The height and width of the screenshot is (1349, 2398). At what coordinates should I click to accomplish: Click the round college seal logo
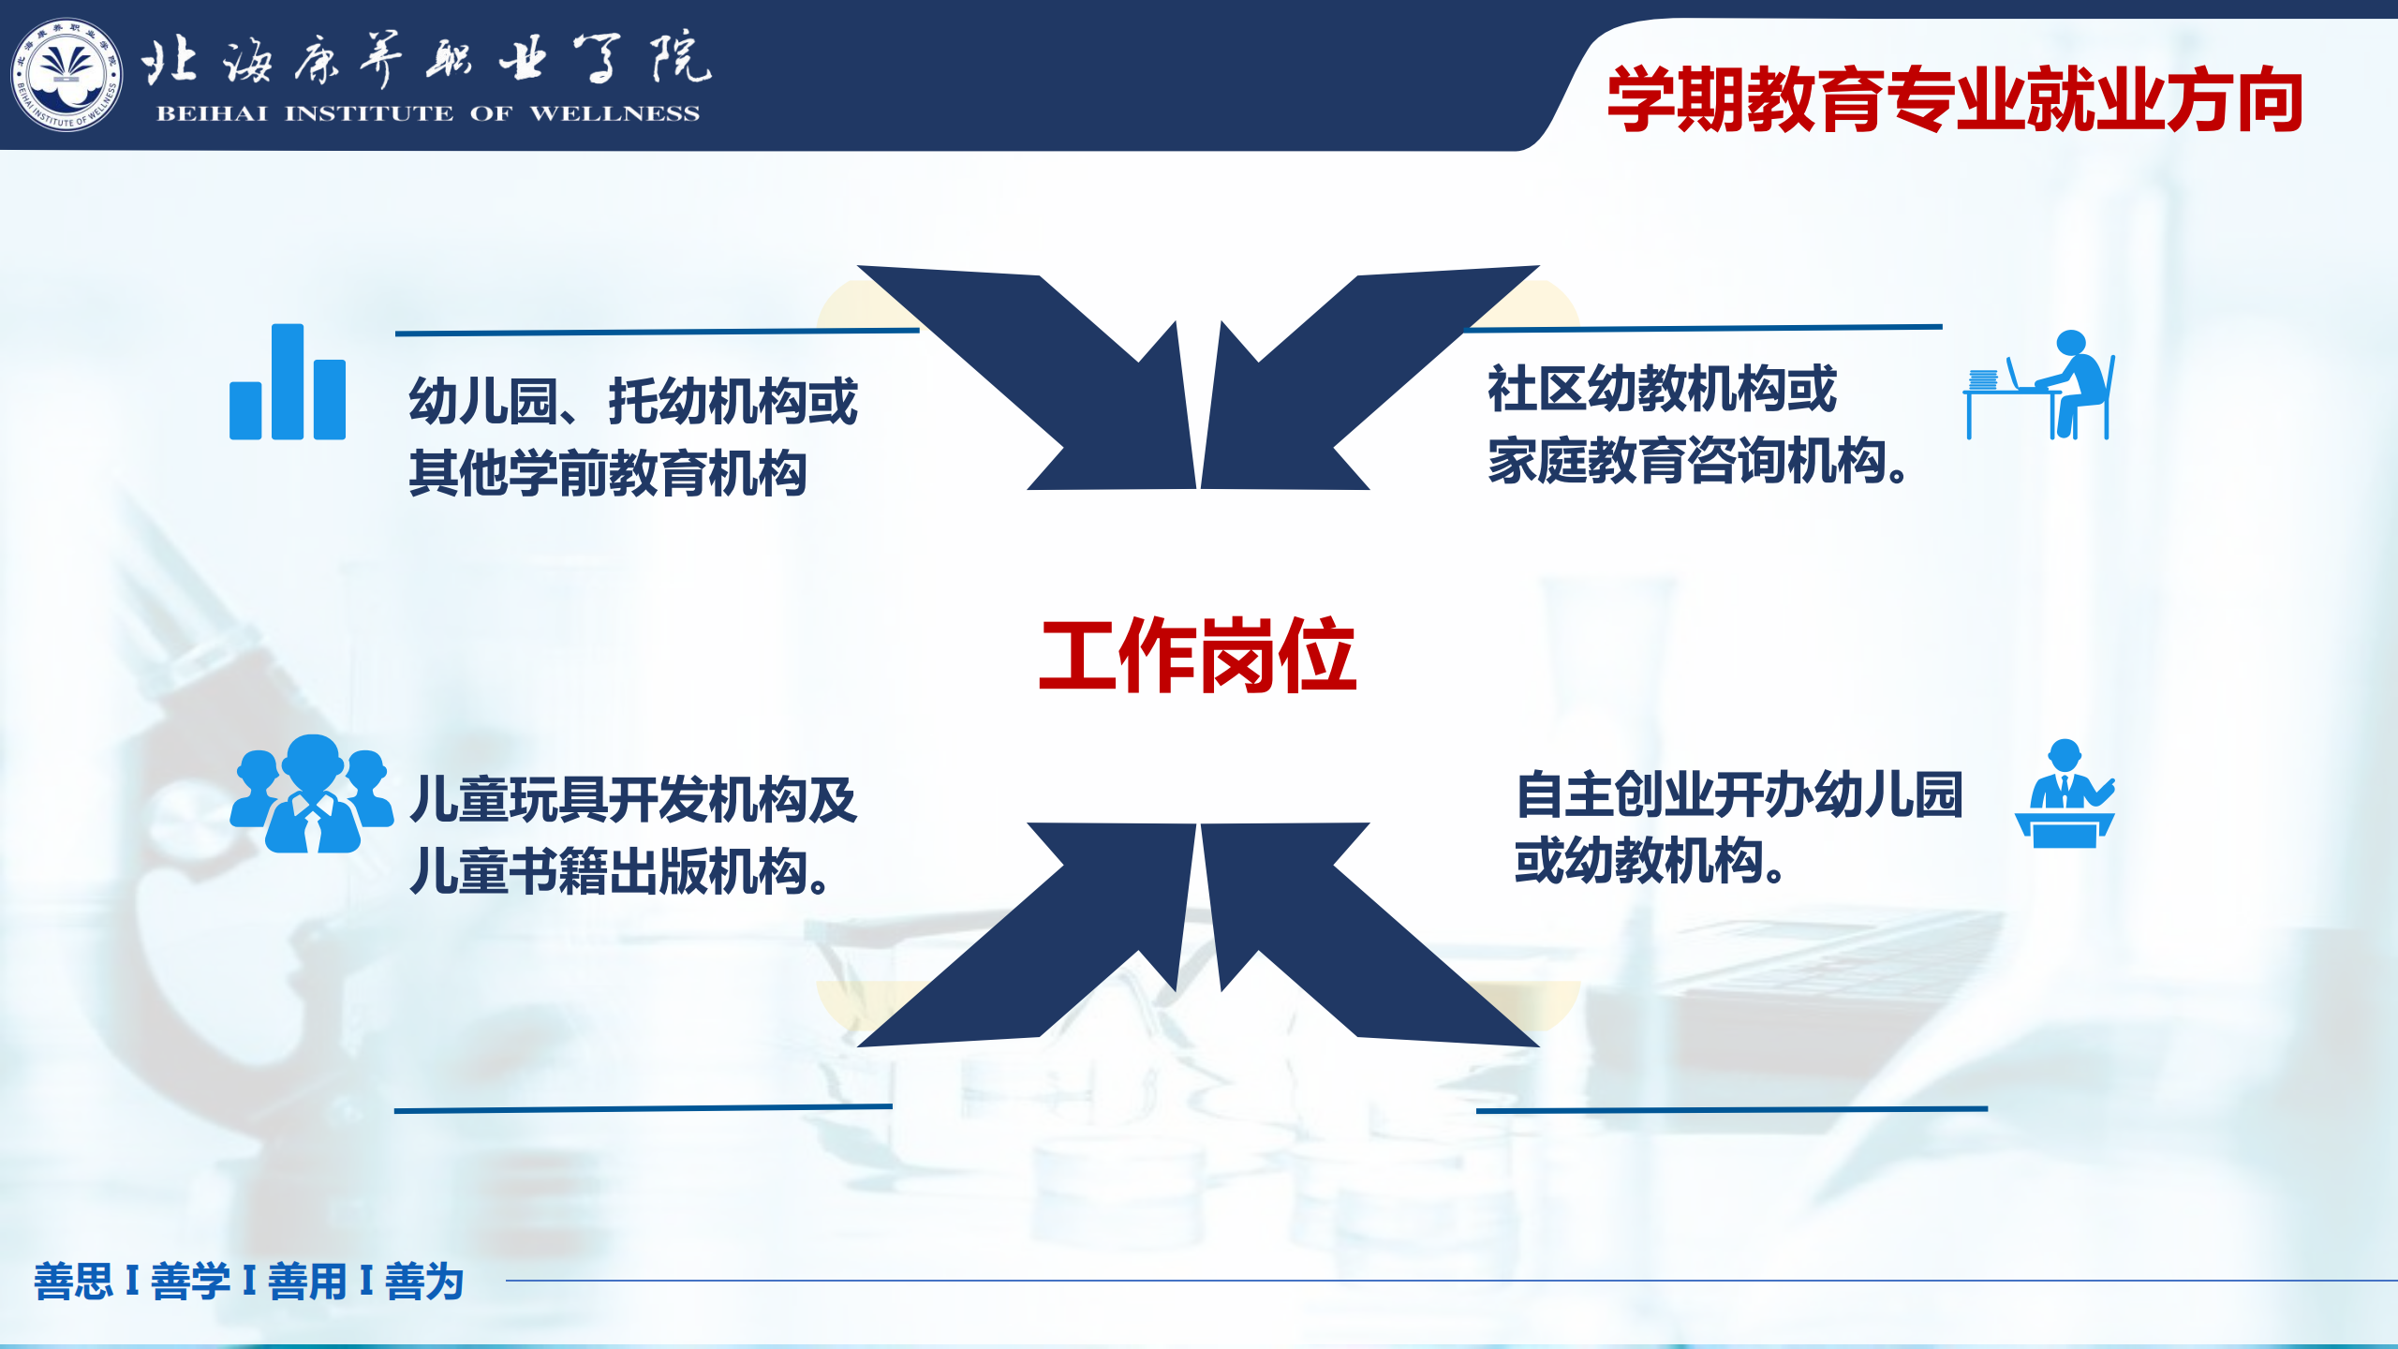(x=67, y=75)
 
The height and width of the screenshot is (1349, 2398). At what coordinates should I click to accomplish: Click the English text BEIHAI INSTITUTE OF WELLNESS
(x=428, y=114)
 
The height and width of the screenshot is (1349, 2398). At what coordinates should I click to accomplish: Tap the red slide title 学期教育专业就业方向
(x=1955, y=99)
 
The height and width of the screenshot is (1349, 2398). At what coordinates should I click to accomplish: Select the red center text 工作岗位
(x=1198, y=655)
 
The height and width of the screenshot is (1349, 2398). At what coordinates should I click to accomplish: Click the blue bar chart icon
(x=288, y=381)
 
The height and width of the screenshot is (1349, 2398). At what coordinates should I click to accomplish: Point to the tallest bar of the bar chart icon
(x=288, y=381)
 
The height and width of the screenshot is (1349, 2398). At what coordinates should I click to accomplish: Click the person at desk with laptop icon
(x=2039, y=384)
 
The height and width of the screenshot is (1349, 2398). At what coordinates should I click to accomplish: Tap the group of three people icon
(x=312, y=793)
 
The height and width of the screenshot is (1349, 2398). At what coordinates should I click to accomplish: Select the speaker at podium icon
(x=2065, y=793)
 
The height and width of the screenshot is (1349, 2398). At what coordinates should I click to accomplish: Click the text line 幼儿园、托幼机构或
(x=633, y=401)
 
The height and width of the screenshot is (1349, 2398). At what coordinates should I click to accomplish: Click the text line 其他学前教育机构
(x=608, y=473)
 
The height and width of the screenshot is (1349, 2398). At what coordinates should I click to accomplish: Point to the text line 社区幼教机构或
(x=1662, y=389)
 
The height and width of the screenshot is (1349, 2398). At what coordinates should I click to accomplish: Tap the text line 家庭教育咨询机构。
(x=1698, y=461)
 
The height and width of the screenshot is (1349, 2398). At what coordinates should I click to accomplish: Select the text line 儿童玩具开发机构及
(x=633, y=800)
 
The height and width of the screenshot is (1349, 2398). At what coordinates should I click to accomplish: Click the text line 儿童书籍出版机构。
(x=620, y=871)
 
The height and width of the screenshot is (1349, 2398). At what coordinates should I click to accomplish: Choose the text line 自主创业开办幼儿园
(x=1739, y=794)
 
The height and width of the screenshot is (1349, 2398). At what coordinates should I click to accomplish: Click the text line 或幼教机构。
(x=1650, y=860)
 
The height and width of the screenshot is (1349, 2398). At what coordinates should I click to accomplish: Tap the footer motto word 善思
(x=73, y=1281)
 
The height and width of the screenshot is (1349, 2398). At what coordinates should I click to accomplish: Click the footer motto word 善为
(x=424, y=1281)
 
